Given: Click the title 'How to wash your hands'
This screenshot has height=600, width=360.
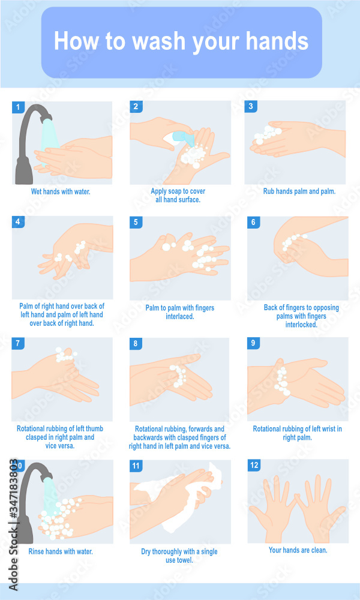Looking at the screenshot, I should [181, 41].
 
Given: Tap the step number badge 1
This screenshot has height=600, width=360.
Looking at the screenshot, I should [18, 107].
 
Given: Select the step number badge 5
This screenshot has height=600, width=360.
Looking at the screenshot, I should [136, 222].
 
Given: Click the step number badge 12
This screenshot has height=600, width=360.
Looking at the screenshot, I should [254, 465].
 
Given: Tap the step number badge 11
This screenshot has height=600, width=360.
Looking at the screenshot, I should [136, 465].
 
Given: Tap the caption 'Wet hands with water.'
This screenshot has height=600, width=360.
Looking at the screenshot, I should [61, 192].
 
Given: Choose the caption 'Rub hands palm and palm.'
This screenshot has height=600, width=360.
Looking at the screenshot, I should [299, 192].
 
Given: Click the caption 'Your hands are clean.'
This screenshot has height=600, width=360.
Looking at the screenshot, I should [298, 550].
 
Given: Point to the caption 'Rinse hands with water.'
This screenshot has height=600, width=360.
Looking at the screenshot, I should [61, 551].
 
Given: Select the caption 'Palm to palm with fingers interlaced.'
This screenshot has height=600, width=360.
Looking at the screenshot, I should [180, 312].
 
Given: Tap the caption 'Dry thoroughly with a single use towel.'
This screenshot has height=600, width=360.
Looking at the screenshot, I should [179, 556].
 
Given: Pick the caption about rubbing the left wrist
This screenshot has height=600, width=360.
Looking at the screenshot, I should [298, 433].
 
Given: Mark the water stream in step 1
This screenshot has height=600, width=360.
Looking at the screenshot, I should [47, 141].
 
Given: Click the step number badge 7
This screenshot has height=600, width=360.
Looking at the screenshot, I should [18, 343].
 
